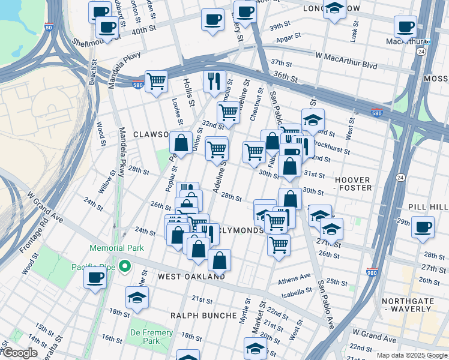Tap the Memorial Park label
click(x=116, y=248)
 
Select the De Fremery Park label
click(x=152, y=337)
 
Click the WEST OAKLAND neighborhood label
click(x=191, y=277)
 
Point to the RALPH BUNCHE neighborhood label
click(x=203, y=315)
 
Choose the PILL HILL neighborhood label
click(x=428, y=206)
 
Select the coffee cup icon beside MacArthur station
click(x=406, y=27)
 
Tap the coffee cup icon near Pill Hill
click(x=423, y=227)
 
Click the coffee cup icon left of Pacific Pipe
click(x=95, y=278)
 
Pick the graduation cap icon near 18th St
click(x=137, y=298)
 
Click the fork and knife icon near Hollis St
click(x=214, y=80)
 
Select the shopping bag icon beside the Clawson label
click(x=181, y=143)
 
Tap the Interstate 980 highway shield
click(x=372, y=272)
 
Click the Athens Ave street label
click(x=294, y=278)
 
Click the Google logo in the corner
click(x=19, y=353)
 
